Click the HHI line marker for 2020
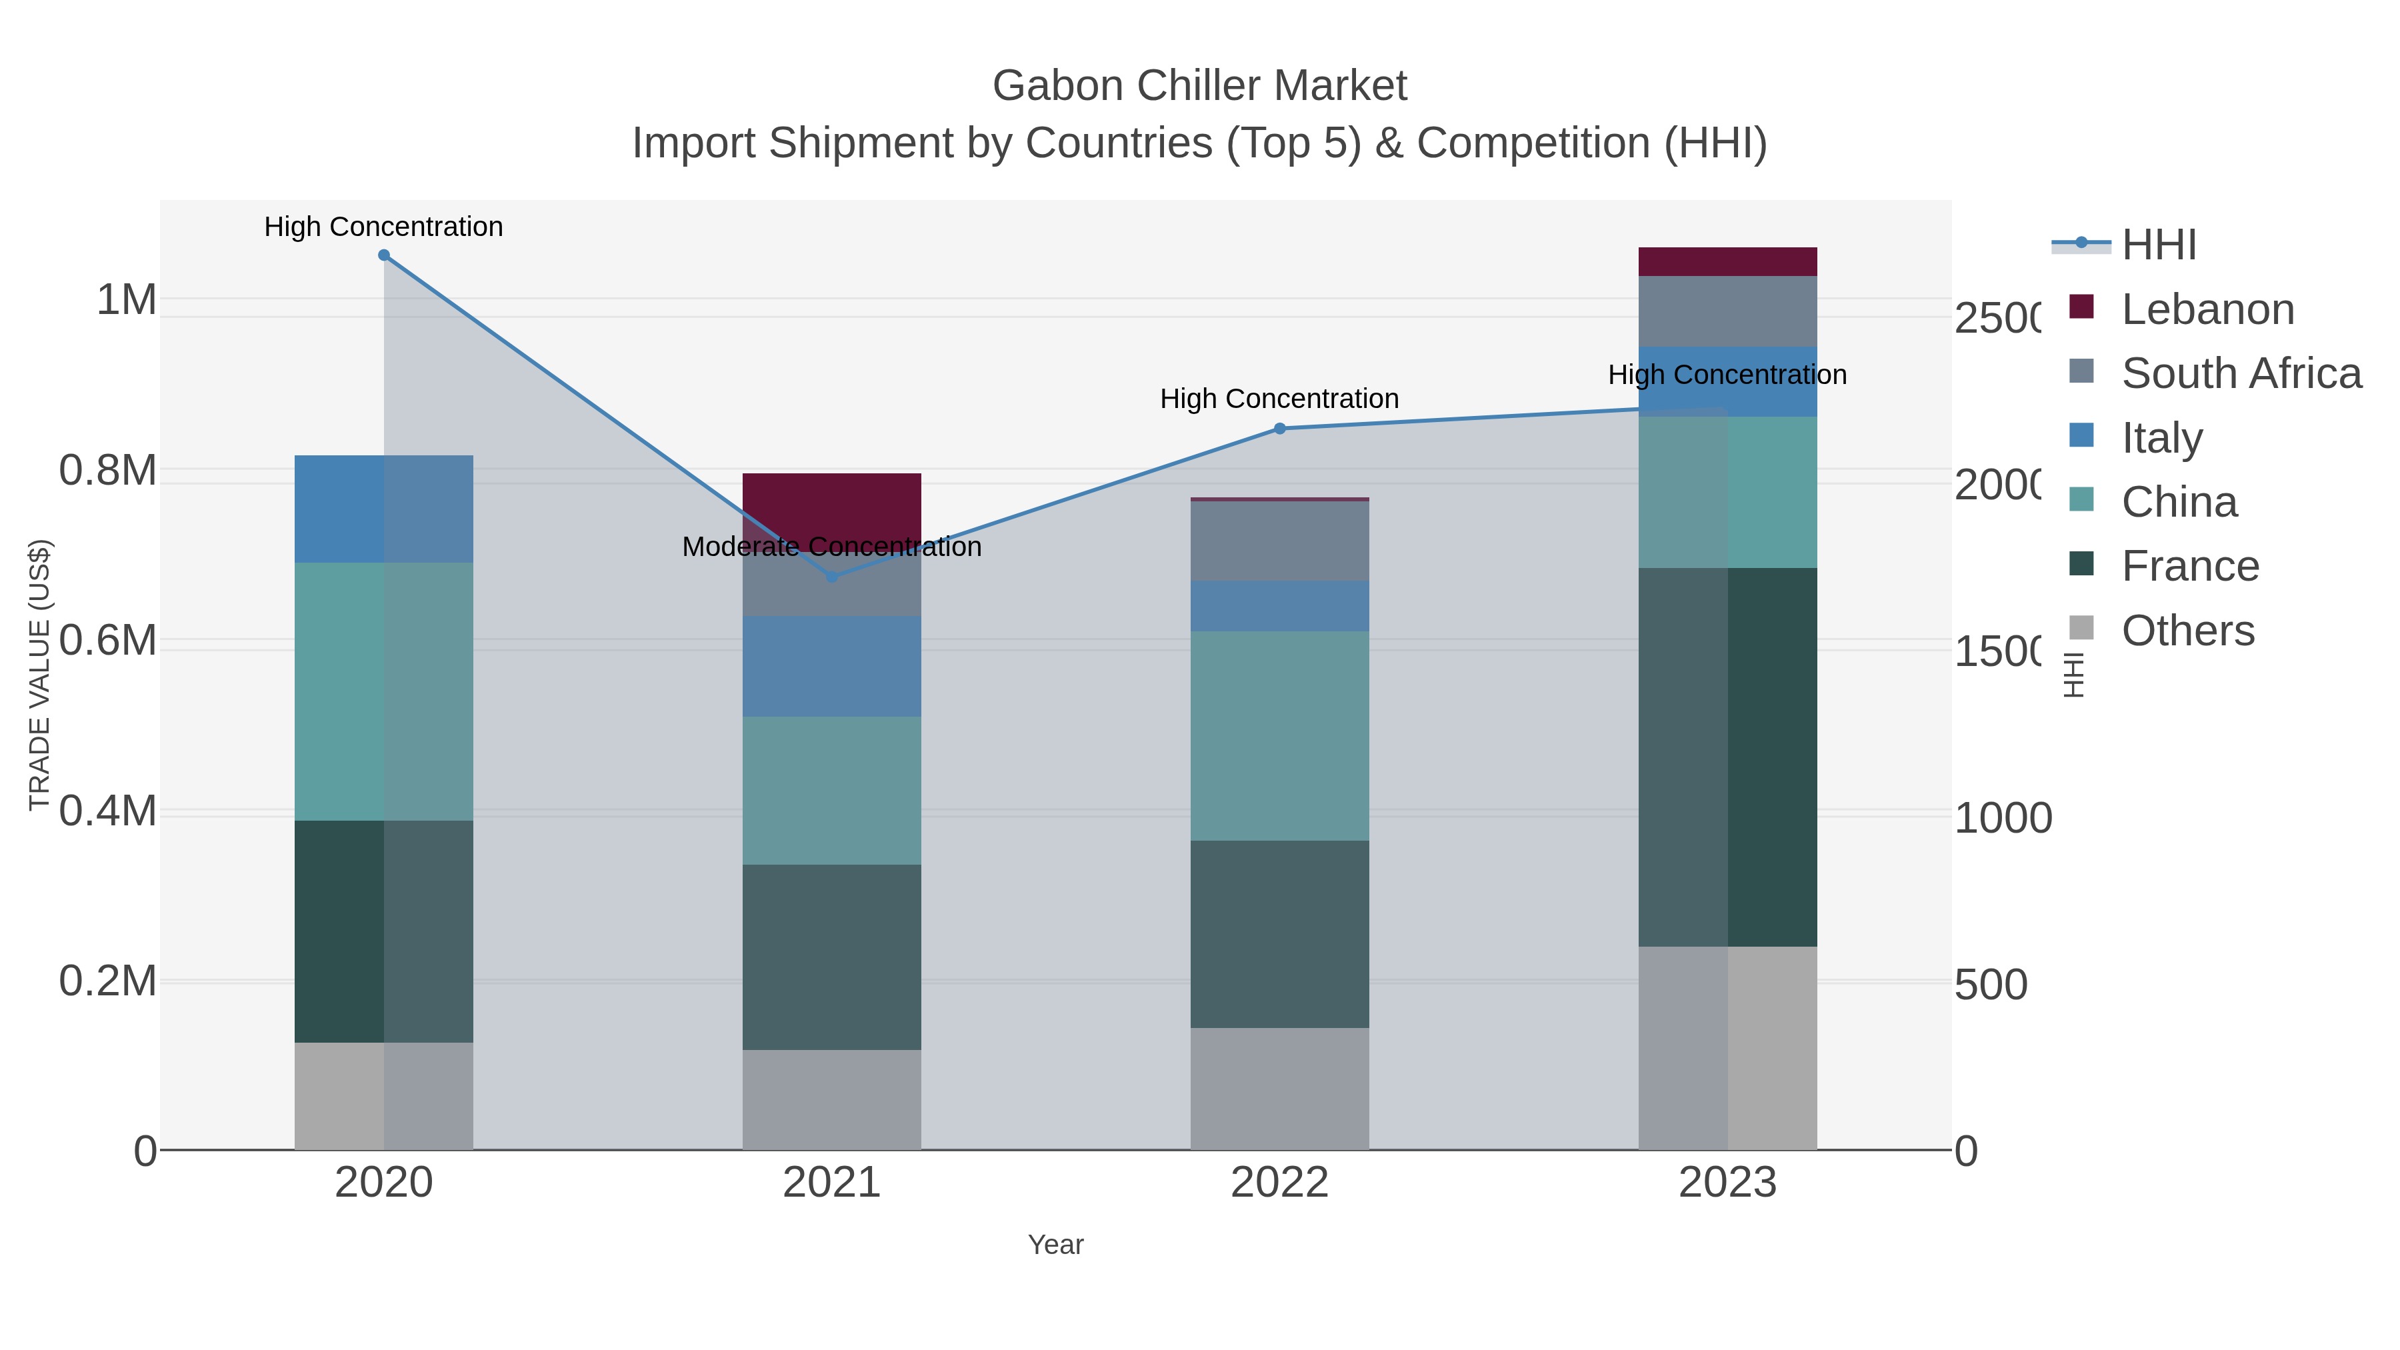pyautogui.click(x=384, y=255)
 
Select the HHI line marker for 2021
pyautogui.click(x=832, y=577)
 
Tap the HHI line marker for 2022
pyautogui.click(x=1279, y=429)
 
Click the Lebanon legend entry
pyautogui.click(x=2206, y=309)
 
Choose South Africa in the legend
pyautogui.click(x=2240, y=373)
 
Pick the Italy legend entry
pyautogui.click(x=2161, y=438)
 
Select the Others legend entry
pyautogui.click(x=2187, y=631)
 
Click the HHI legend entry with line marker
pyautogui.click(x=2158, y=245)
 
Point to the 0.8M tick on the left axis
pyautogui.click(x=107, y=471)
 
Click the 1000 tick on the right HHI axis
pyautogui.click(x=2002, y=818)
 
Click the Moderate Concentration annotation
pyautogui.click(x=832, y=547)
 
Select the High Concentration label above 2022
pyautogui.click(x=1279, y=399)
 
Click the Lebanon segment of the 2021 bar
pyautogui.click(x=832, y=503)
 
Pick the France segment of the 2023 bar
pyautogui.click(x=1727, y=757)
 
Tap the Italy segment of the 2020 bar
pyautogui.click(x=384, y=509)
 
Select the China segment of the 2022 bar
pyautogui.click(x=1279, y=736)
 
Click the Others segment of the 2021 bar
pyautogui.click(x=832, y=1099)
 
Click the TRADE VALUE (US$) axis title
pyautogui.click(x=39, y=675)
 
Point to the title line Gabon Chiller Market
pyautogui.click(x=1199, y=86)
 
